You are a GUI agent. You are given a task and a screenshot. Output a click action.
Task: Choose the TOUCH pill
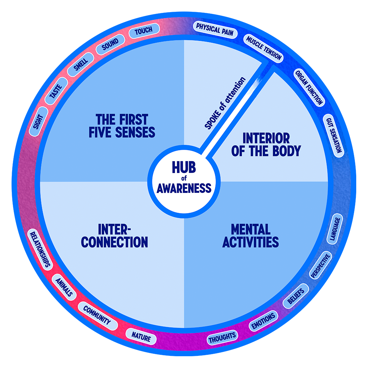pos(144,31)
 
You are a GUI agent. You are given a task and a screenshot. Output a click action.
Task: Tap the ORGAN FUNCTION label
pos(309,87)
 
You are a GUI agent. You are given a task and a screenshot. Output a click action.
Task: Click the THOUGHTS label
pos(222,336)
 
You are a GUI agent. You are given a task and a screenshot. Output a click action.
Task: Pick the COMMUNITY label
pos(97,316)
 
